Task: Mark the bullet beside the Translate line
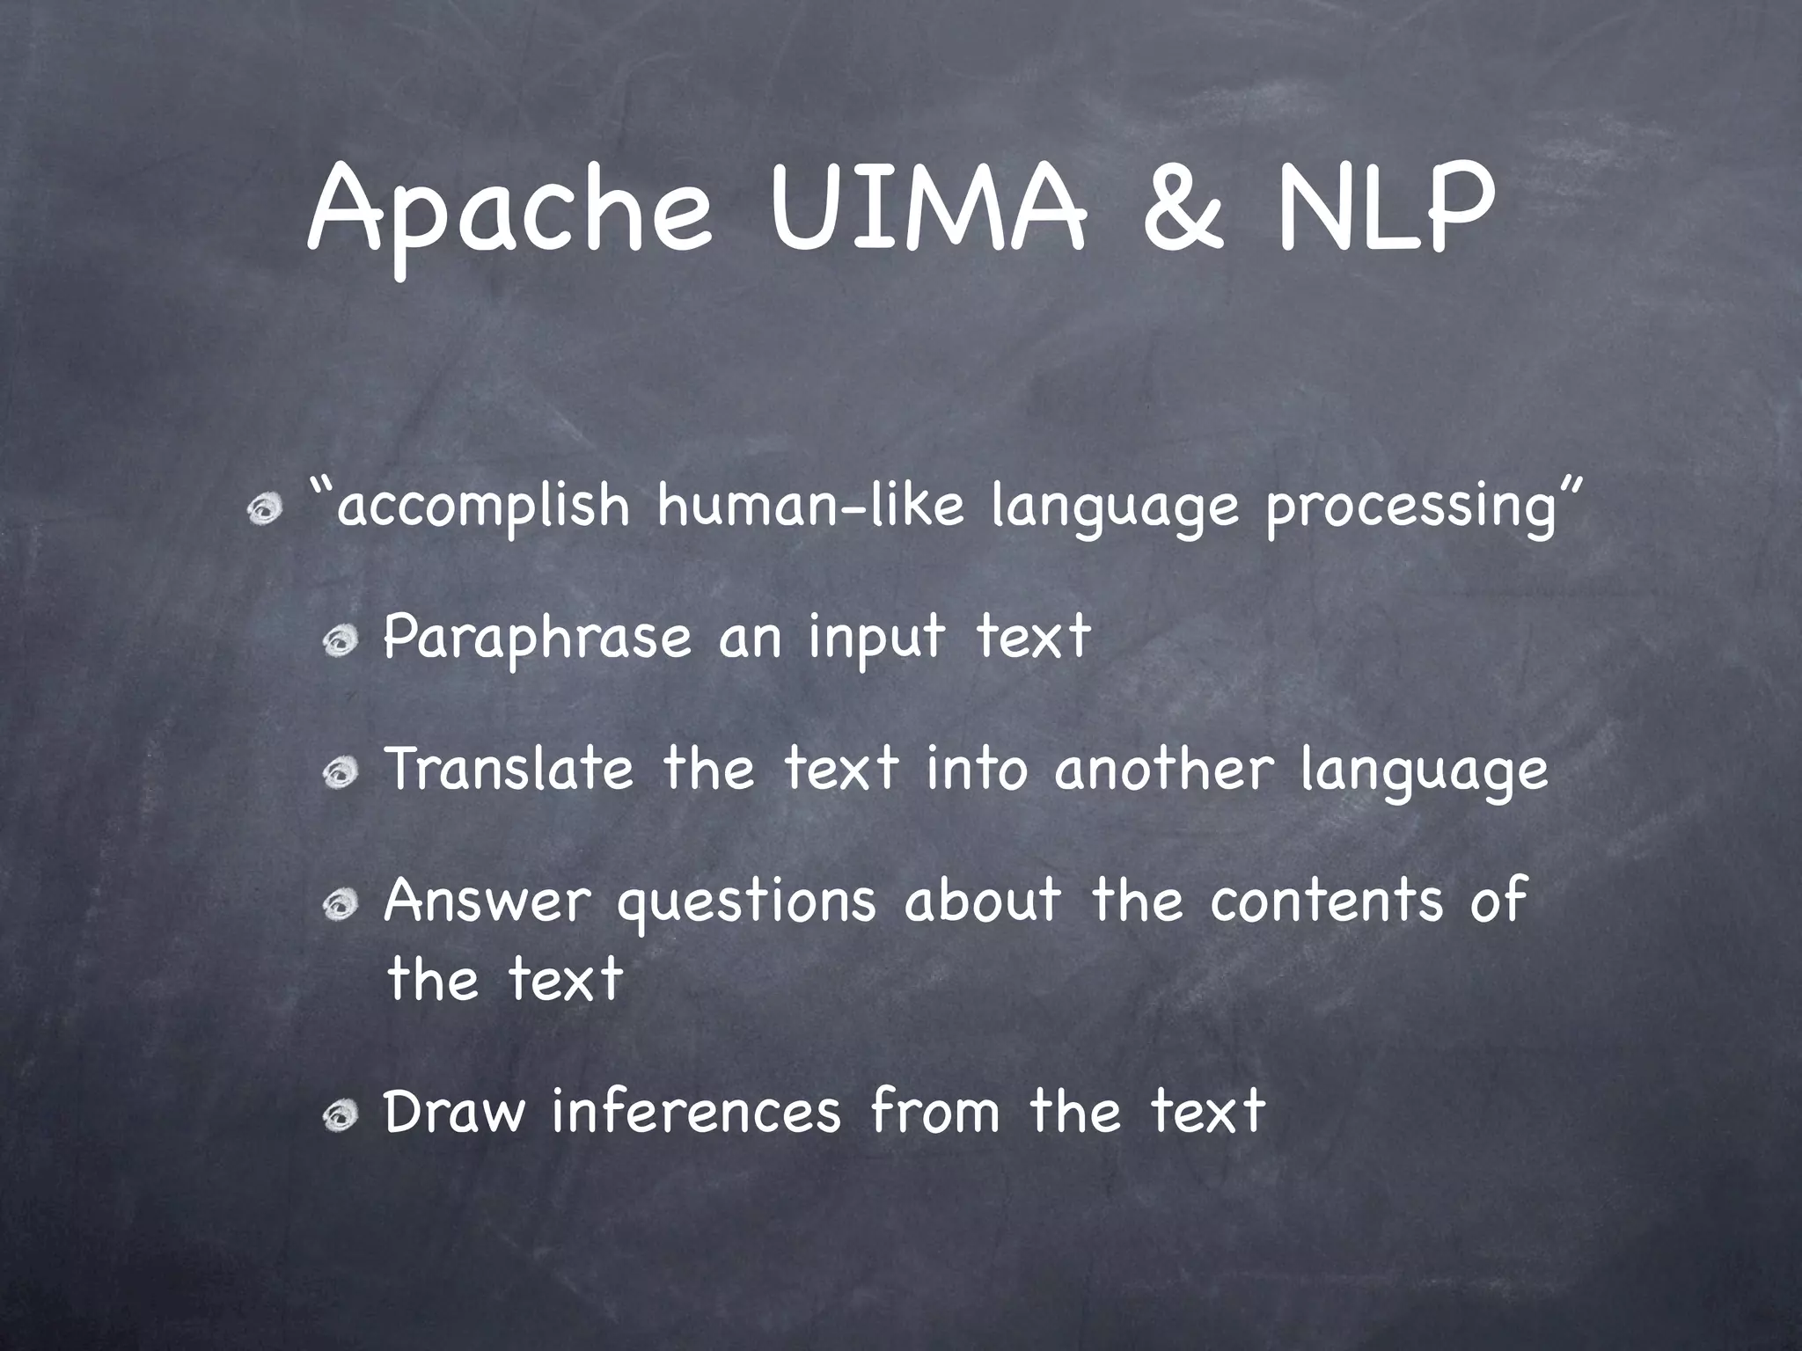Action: point(339,774)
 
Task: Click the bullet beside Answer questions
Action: point(339,903)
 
